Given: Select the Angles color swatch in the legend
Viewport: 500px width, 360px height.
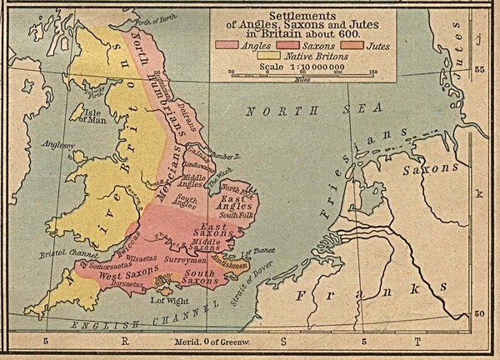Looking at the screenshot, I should pyautogui.click(x=223, y=42).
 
